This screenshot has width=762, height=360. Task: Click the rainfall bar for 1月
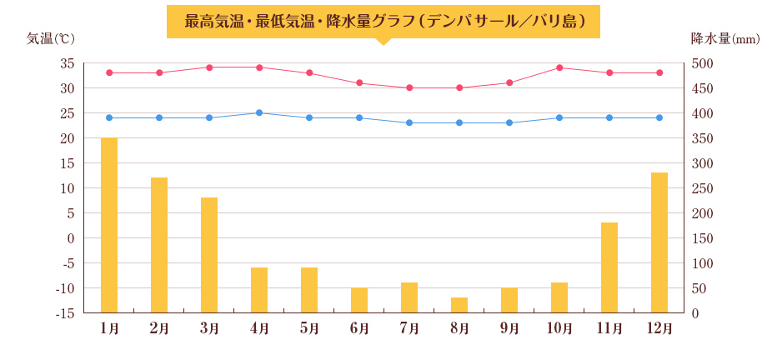point(109,225)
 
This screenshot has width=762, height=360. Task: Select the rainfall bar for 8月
point(459,305)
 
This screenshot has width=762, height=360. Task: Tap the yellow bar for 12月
point(659,242)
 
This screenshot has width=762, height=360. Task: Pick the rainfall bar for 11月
point(609,267)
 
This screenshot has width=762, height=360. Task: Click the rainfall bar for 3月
point(209,255)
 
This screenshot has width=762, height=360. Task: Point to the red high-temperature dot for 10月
point(559,67)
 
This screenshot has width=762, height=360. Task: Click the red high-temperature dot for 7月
point(409,87)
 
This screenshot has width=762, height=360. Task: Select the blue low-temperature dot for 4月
point(259,112)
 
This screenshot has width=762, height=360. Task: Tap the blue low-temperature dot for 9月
point(509,122)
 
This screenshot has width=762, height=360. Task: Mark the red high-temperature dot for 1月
point(109,72)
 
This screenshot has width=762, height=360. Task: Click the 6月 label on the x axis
point(359,328)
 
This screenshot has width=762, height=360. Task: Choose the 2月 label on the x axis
point(159,328)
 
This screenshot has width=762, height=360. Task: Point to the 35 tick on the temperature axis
point(67,63)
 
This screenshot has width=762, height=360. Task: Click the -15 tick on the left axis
point(64,313)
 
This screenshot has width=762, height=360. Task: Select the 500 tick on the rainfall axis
point(703,63)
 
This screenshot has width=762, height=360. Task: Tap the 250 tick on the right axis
point(703,188)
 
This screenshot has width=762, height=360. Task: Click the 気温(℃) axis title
point(51,38)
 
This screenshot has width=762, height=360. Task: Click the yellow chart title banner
point(383,21)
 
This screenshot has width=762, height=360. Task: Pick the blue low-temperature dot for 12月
point(659,117)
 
